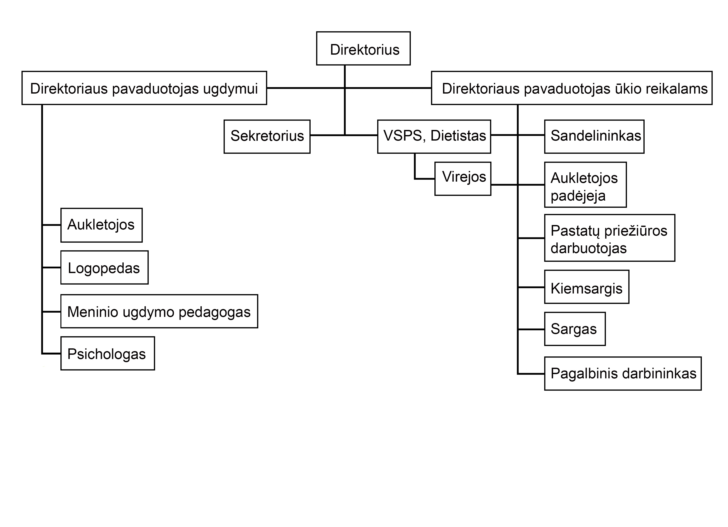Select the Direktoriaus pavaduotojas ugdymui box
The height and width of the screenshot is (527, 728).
(x=144, y=88)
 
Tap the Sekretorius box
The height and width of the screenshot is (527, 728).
(x=267, y=137)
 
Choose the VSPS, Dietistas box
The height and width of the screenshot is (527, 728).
(x=434, y=137)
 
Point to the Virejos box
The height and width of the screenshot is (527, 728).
(x=463, y=179)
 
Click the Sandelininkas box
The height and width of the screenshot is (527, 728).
(x=594, y=137)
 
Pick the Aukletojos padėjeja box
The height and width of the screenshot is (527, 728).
(x=585, y=185)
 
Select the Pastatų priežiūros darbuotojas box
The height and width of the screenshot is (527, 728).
(x=610, y=238)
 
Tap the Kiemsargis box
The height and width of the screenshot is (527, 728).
(x=587, y=287)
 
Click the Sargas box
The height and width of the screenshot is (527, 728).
(x=575, y=329)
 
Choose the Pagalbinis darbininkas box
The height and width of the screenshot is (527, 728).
(x=623, y=374)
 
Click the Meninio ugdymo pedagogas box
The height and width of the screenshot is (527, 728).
(x=159, y=311)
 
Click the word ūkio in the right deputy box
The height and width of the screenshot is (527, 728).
(x=628, y=89)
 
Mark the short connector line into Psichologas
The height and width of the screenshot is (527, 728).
(x=51, y=354)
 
